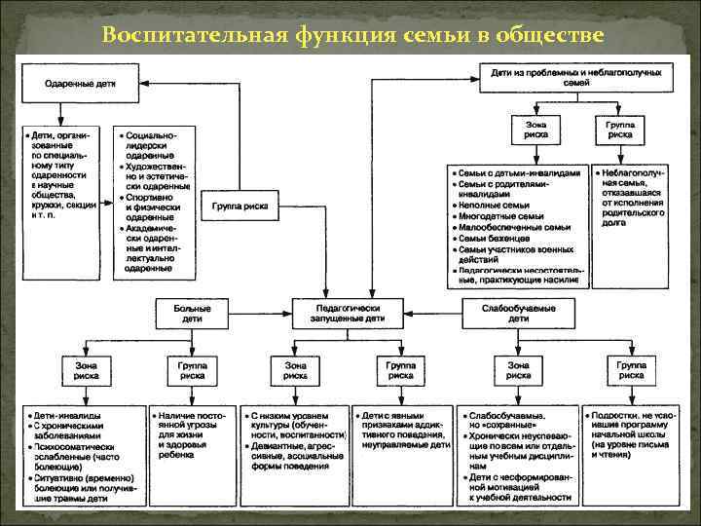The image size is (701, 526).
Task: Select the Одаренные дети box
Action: [x=81, y=83]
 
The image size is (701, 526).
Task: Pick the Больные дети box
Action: [x=192, y=313]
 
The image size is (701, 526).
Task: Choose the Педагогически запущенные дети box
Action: [x=350, y=313]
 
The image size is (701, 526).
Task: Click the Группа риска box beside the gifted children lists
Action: [x=240, y=207]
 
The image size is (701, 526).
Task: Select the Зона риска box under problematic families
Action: [x=535, y=130]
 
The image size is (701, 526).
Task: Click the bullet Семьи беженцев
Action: [x=498, y=238]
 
